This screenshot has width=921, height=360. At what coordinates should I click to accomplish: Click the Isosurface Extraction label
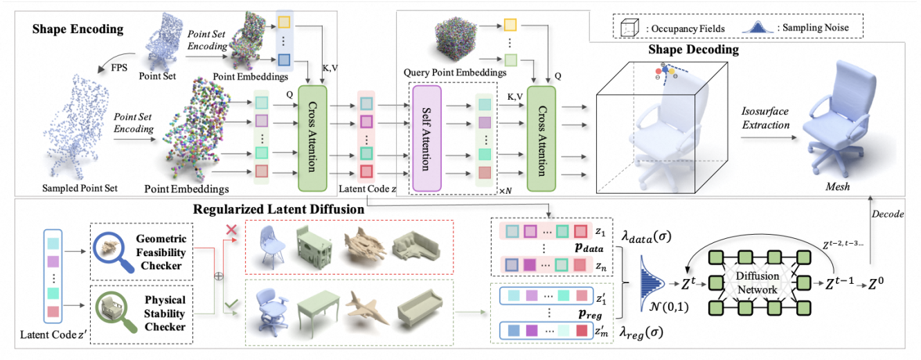coord(765,119)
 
